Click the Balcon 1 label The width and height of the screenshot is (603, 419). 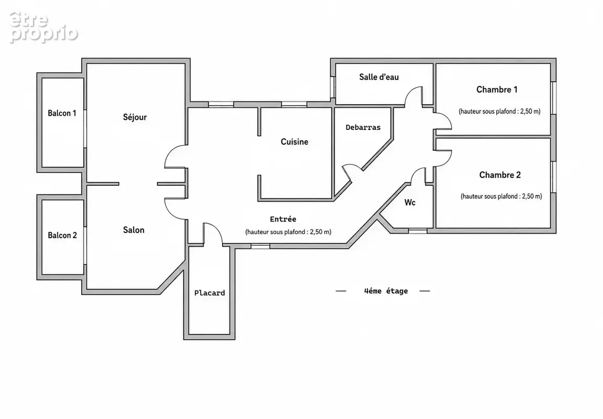click(62, 113)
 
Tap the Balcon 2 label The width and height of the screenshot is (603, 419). click(62, 235)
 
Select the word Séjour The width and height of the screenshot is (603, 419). click(135, 117)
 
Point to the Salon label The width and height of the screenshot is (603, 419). click(134, 230)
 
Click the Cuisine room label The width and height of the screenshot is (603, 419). click(295, 141)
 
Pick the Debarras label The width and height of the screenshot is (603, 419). click(363, 127)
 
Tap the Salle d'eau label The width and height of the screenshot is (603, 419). click(379, 77)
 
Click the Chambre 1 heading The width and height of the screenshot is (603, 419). click(497, 90)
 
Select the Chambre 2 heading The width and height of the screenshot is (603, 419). click(500, 175)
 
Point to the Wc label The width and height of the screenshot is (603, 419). click(410, 202)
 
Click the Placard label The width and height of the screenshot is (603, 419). click(209, 293)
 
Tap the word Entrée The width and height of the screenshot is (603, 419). click(283, 219)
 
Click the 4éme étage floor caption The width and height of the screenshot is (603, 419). click(386, 291)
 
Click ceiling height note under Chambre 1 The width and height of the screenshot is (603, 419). click(499, 112)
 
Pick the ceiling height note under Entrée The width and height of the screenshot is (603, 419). click(288, 232)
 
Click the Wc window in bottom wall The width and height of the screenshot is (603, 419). click(418, 231)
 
